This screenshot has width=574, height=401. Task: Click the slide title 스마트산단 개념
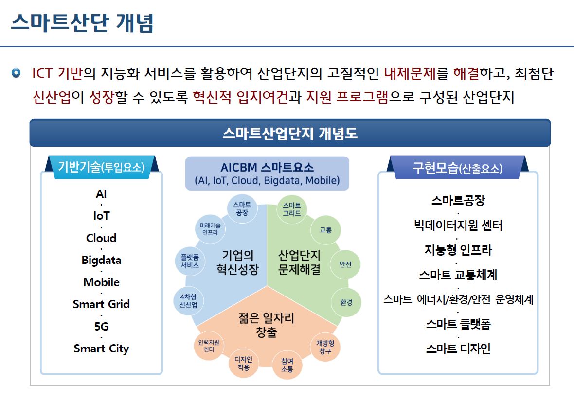(82, 22)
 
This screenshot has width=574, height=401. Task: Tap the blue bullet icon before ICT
(16, 73)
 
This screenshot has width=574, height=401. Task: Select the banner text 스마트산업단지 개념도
(290, 133)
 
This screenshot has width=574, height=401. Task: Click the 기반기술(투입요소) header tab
(102, 167)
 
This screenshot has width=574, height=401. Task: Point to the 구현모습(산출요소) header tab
(458, 168)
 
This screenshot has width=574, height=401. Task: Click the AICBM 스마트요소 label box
(267, 174)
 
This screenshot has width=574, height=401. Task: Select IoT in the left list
(101, 216)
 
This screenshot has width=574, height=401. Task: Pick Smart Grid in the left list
(101, 304)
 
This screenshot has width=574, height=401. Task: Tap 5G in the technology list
(101, 326)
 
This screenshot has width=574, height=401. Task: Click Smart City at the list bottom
(101, 349)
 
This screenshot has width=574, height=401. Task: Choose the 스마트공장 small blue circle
(242, 209)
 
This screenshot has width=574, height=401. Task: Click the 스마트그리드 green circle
(292, 209)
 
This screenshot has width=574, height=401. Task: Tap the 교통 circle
(325, 230)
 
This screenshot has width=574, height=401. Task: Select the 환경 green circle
(346, 303)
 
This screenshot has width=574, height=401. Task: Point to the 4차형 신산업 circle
(189, 301)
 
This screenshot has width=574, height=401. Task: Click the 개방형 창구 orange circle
(325, 347)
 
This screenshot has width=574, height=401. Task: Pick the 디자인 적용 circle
(243, 363)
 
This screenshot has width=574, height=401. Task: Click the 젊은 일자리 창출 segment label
(267, 325)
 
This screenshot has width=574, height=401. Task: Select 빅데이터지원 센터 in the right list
(458, 225)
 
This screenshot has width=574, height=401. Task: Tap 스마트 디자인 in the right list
(458, 349)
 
